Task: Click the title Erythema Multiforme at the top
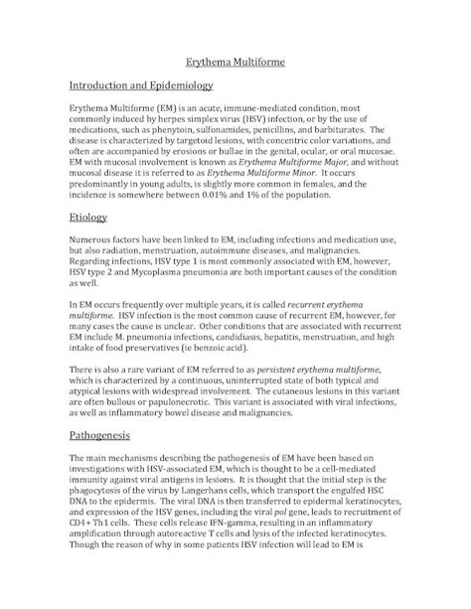click(x=235, y=63)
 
